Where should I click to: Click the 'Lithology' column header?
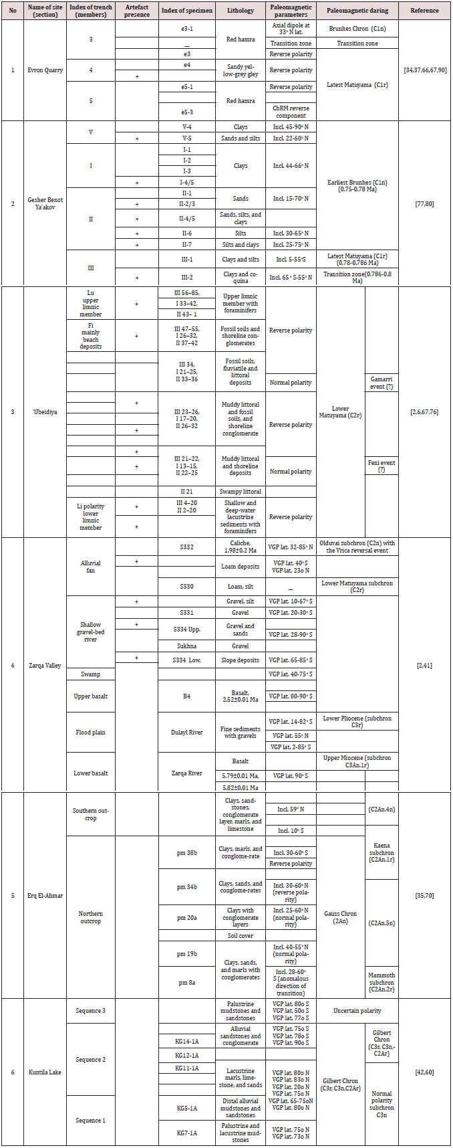pos(241,11)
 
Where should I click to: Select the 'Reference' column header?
pos(425,11)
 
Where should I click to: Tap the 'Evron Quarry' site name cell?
pos(45,70)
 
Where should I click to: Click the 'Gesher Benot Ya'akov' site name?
pos(45,203)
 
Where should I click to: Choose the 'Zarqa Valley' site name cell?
pos(45,665)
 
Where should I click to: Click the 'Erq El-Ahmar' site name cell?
pos(45,895)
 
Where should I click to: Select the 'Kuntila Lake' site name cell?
pos(45,1072)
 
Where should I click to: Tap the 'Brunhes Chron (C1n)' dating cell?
pos(357,29)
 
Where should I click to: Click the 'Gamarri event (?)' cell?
pos(382,383)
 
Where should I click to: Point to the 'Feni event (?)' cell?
pos(382,466)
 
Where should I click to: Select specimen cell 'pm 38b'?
pos(187,852)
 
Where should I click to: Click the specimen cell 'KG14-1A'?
pos(187,1040)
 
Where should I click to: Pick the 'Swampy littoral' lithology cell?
pos(241,492)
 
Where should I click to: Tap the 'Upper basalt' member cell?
pos(91,696)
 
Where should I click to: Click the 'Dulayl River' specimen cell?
pos(187,732)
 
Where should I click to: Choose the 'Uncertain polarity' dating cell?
pos(357,1011)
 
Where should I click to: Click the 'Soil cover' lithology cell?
pos(241,935)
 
